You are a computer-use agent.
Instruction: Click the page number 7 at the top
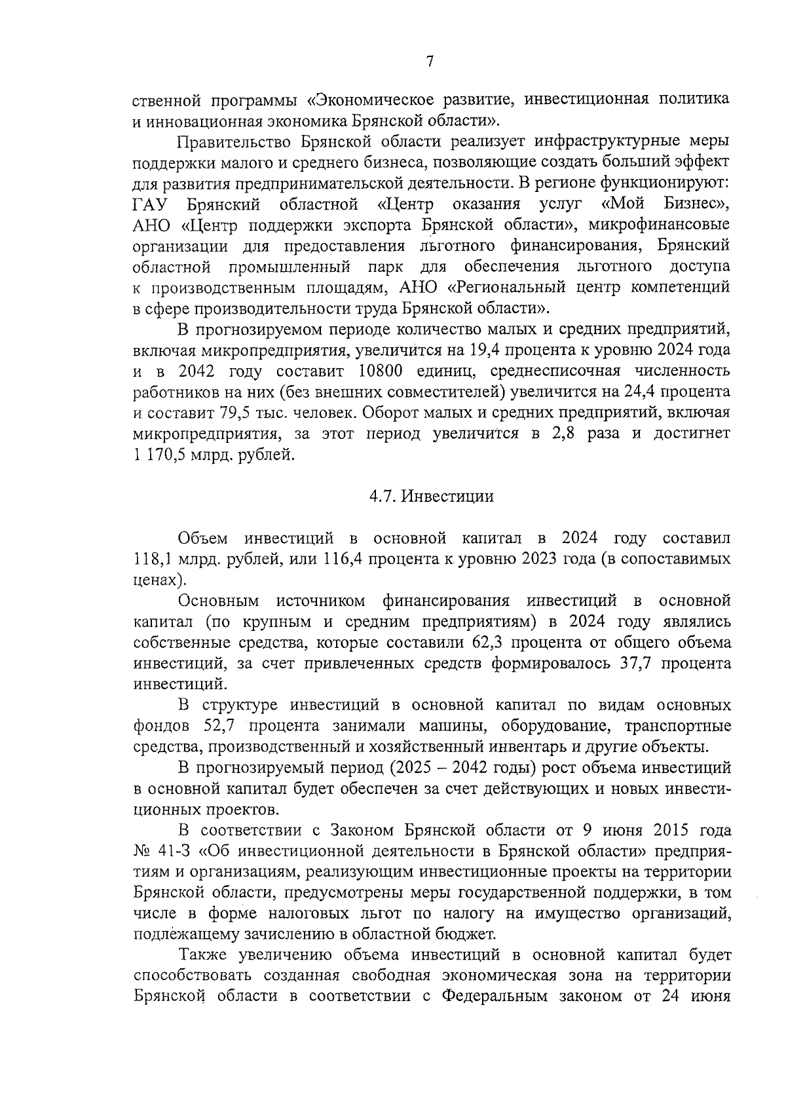pyautogui.click(x=430, y=62)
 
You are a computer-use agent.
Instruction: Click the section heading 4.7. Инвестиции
pyautogui.click(x=431, y=496)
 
